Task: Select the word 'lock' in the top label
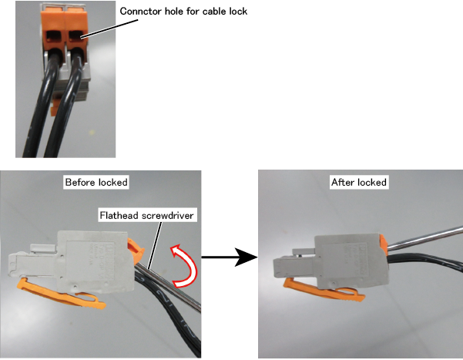238,12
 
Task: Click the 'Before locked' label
96,182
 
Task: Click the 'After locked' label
359,182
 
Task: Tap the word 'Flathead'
119,216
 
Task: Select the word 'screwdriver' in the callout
167,216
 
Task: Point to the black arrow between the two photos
230,257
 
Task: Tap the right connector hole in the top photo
76,35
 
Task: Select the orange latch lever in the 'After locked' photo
324,291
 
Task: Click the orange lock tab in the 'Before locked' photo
136,251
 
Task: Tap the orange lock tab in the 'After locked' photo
384,244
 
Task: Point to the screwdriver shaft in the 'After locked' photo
425,237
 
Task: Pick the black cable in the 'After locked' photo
425,261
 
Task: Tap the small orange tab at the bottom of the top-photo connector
53,111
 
